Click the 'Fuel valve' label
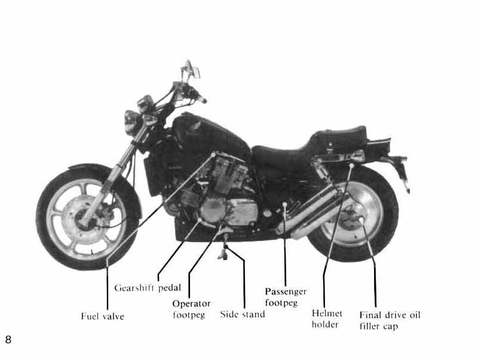[102, 316]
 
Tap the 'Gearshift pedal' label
[148, 288]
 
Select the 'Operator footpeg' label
[191, 309]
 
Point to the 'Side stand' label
[242, 314]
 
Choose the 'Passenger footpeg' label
[286, 297]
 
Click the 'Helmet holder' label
[327, 319]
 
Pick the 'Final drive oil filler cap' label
[390, 320]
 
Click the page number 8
[8, 340]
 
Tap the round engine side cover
[213, 210]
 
